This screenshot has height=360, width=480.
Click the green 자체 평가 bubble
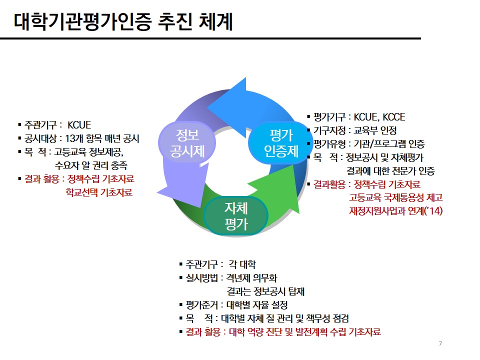point(236,215)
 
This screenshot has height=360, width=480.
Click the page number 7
point(440,343)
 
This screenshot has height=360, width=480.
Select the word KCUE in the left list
point(79,125)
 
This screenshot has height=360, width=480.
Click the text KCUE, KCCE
point(379,117)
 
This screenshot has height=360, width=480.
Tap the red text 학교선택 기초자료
point(99,192)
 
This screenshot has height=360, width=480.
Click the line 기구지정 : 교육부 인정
point(354,131)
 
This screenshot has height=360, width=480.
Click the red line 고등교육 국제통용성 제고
point(395,197)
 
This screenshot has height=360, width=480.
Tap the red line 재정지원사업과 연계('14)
point(395,211)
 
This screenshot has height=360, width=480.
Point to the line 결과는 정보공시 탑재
point(265,291)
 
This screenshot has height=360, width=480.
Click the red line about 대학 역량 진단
point(282,331)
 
